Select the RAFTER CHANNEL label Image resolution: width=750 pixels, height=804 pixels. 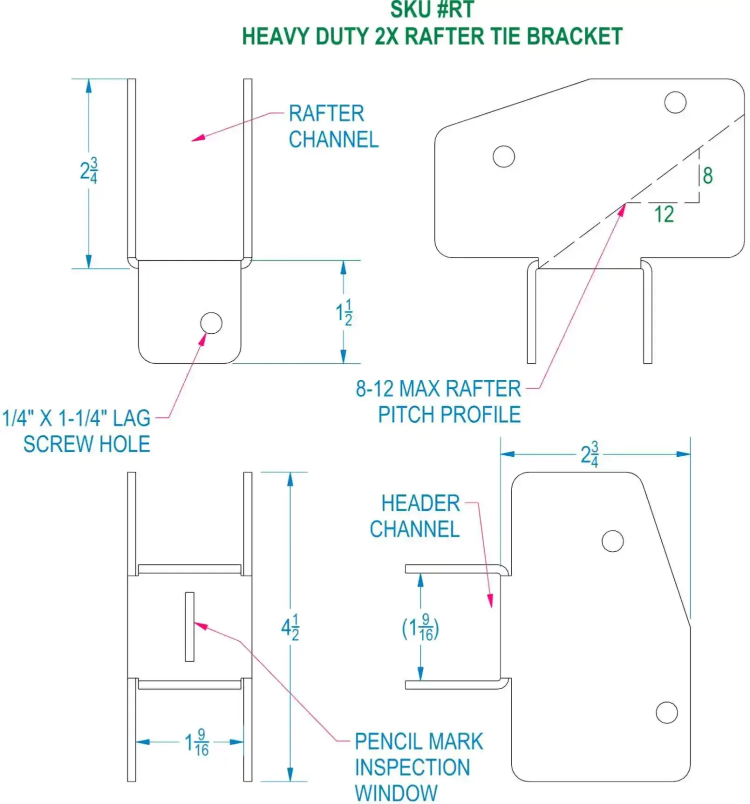coord(333,126)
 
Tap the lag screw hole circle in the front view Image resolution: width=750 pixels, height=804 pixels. coord(211,323)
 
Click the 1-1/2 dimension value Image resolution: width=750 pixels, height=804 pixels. coord(344,313)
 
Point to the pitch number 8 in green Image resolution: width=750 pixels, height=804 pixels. coord(707,176)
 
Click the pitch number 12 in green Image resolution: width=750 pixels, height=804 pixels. coord(664,214)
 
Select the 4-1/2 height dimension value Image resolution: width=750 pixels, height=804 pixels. coord(290,628)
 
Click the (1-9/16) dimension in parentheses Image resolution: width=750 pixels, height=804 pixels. coord(420,629)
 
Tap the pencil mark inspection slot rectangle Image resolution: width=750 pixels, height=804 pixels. coord(189,627)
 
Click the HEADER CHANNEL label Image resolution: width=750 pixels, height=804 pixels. coord(415,516)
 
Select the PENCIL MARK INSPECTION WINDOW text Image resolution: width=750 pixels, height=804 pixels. coord(418,767)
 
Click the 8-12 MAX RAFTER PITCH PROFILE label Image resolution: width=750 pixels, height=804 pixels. coord(439,401)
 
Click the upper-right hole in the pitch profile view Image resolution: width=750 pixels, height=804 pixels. coord(675,102)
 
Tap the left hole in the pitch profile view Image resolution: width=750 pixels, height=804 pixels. coord(503,156)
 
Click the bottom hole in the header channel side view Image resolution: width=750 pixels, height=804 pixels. coord(666,713)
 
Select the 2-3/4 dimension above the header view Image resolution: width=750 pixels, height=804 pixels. coord(590,454)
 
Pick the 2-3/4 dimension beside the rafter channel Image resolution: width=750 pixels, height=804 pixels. coord(89,171)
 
